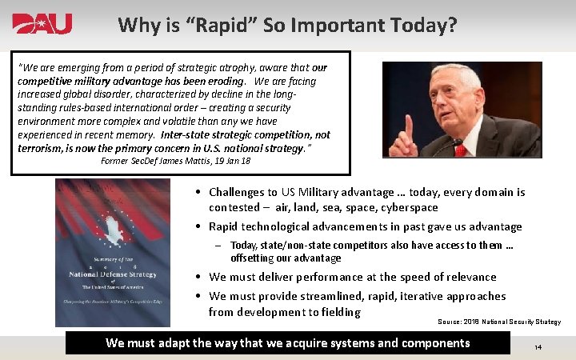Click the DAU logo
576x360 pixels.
42,24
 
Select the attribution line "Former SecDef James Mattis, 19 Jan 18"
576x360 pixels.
175,161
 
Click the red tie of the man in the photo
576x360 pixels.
460,150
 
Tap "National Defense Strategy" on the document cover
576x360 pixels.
112,274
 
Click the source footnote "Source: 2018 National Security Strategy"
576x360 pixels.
498,322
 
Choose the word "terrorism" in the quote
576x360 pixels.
42,148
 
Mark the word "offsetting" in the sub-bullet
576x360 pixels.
255,258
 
